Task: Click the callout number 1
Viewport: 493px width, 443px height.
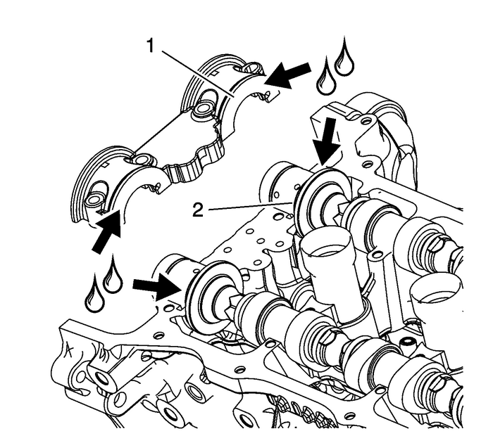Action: pos(151,47)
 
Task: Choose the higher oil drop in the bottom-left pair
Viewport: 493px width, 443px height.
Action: pos(111,276)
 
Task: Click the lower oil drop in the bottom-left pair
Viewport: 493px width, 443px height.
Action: pos(93,297)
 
